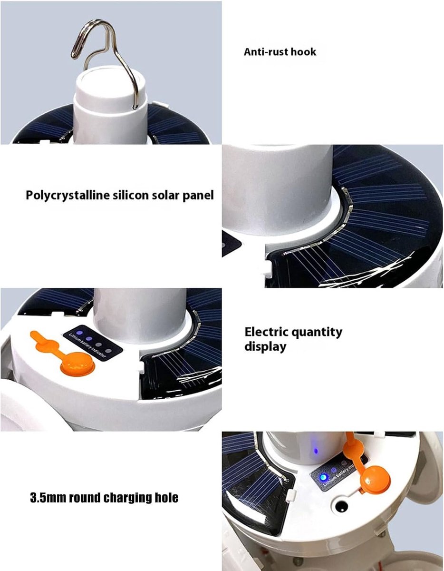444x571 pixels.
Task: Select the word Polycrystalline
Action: click(68, 196)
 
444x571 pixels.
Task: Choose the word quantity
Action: click(317, 333)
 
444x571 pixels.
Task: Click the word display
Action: click(265, 346)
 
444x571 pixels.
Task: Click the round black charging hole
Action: click(341, 505)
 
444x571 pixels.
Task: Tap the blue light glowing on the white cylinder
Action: click(316, 451)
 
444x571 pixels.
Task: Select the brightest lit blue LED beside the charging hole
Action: click(323, 477)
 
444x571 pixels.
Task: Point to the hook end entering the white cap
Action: click(135, 107)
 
